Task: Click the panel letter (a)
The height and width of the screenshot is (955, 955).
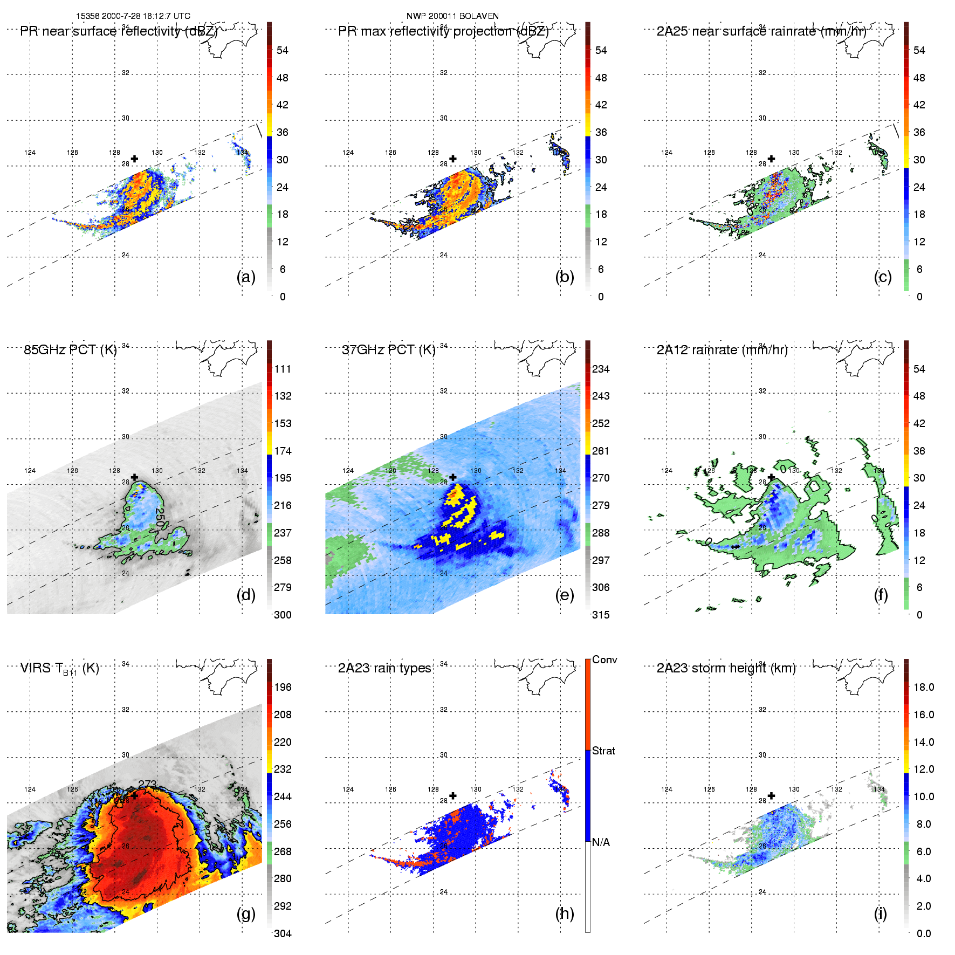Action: pos(246,277)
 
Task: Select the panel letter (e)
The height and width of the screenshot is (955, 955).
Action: pos(564,595)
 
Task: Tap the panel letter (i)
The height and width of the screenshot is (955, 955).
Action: pos(880,913)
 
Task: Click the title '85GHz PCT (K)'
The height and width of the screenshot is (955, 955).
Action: pos(70,350)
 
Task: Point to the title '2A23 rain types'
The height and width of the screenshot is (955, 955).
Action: pos(384,668)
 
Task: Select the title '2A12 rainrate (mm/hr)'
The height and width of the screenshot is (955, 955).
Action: pos(722,350)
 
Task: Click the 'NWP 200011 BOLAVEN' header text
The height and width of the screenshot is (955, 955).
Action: pos(452,16)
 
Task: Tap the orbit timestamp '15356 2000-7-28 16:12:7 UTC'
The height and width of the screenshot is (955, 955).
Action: pos(133,16)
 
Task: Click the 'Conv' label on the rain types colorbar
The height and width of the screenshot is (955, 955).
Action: pos(604,659)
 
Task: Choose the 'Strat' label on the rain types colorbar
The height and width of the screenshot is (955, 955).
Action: pos(603,751)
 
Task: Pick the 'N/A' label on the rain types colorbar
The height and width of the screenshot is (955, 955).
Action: pos(601,842)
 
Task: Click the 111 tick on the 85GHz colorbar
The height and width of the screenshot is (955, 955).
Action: pos(283,369)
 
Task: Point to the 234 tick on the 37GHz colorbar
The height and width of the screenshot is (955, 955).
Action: pos(601,369)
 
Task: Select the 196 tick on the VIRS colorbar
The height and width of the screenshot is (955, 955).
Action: pos(283,687)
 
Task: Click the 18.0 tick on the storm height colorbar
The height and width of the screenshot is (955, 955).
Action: pos(923,687)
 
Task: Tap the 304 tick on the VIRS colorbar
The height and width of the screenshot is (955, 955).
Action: pos(283,933)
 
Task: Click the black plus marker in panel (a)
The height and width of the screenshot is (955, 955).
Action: pos(134,159)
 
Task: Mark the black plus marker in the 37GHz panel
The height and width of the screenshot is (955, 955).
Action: pos(453,477)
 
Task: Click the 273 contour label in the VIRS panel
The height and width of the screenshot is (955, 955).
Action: pos(147,784)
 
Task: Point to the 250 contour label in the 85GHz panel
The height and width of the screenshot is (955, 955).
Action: pos(159,517)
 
